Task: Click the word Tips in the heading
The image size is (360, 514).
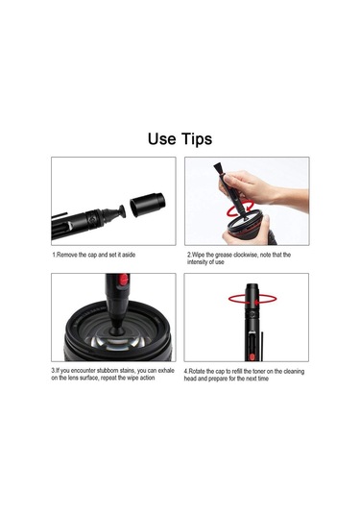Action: tap(197, 139)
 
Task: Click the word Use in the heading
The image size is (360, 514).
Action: tap(162, 138)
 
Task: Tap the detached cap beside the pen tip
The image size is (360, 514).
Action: tap(148, 205)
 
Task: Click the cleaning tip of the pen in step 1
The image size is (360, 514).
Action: tap(119, 212)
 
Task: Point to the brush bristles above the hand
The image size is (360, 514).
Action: tap(219, 169)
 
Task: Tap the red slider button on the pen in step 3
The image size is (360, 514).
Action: tap(124, 280)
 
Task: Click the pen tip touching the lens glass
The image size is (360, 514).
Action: tap(116, 330)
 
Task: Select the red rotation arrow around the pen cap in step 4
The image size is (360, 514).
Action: tap(252, 300)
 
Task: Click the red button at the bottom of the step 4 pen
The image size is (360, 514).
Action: tap(252, 357)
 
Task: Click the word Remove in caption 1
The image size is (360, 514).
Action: tap(67, 255)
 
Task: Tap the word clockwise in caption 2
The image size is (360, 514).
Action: tap(246, 255)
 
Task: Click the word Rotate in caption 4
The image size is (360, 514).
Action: tap(197, 372)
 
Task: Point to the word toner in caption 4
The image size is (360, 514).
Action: tap(258, 372)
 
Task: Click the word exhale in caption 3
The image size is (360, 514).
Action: tap(166, 371)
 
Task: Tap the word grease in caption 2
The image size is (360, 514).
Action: tap(224, 255)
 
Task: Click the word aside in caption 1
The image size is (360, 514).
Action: tap(129, 255)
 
